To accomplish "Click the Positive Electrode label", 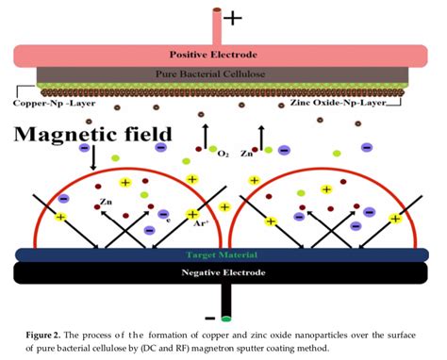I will [x=221, y=54].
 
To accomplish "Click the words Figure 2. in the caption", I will [x=38, y=334].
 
